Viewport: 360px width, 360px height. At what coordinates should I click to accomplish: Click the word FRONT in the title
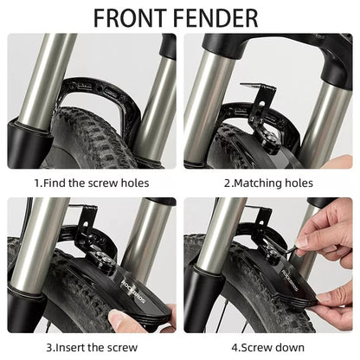131,18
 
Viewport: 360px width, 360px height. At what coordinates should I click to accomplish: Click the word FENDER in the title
215,18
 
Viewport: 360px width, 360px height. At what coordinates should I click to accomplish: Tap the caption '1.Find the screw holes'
92,183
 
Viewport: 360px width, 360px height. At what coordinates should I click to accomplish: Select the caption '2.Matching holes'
268,183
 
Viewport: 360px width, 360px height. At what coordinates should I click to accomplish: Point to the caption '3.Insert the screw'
92,348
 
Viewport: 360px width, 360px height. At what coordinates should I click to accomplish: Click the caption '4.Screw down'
268,348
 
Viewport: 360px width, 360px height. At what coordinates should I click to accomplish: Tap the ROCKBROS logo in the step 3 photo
133,291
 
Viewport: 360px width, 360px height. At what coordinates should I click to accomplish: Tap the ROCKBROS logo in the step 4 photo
289,280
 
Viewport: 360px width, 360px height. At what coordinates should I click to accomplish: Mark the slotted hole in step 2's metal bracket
261,103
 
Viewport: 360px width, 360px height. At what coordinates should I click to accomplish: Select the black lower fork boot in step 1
28,145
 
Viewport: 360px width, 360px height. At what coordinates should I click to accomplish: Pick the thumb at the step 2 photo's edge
339,162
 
